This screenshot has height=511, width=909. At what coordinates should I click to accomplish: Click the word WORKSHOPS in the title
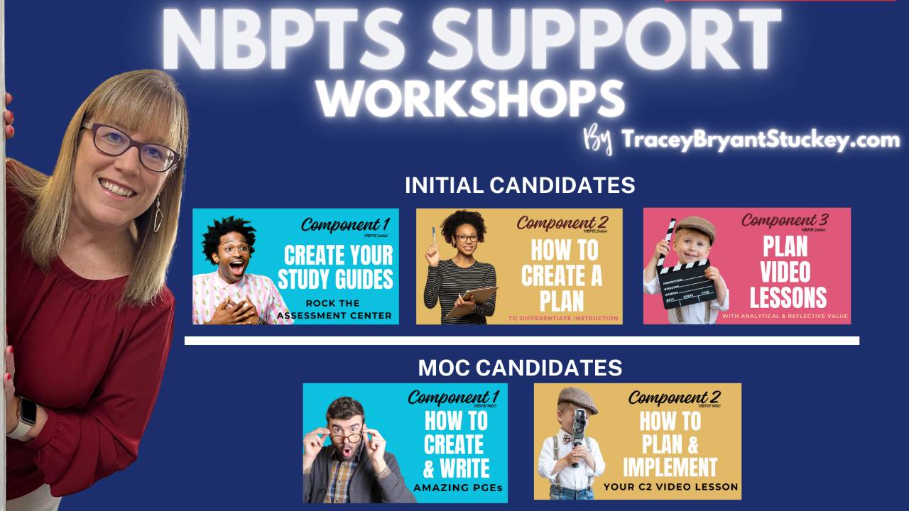pyautogui.click(x=470, y=99)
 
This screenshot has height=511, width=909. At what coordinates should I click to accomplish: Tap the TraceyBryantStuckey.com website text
pyautogui.click(x=760, y=140)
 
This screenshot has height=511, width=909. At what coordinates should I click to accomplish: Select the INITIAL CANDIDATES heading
pyautogui.click(x=520, y=185)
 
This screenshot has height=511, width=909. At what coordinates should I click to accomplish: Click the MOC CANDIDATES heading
pyautogui.click(x=520, y=368)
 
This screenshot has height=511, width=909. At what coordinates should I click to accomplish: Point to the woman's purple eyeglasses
pyautogui.click(x=131, y=146)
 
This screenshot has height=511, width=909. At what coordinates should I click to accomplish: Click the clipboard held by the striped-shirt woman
pyautogui.click(x=472, y=301)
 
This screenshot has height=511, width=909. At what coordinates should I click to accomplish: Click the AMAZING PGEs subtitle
pyautogui.click(x=457, y=488)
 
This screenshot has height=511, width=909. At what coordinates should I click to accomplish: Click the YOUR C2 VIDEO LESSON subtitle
pyautogui.click(x=670, y=488)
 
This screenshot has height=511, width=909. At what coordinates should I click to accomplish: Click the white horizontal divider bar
pyautogui.click(x=521, y=341)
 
